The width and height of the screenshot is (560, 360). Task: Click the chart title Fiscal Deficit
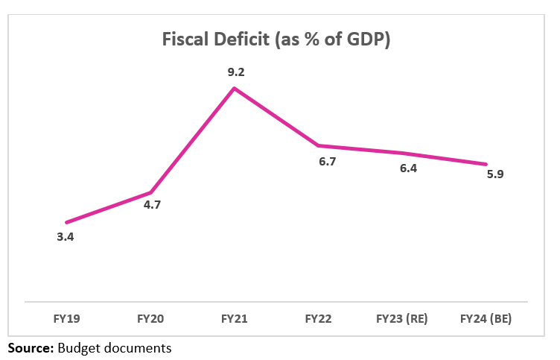(x=277, y=40)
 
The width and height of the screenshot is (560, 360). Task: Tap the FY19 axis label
(x=67, y=319)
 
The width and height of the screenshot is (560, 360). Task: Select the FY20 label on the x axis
(x=150, y=319)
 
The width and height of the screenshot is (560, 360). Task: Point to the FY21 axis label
(x=235, y=319)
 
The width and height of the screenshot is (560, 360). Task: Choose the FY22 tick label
(x=318, y=319)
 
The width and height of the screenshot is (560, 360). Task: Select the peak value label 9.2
(x=236, y=73)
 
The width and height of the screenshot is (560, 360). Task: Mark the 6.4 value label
(x=408, y=168)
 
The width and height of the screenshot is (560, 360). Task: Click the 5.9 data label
(x=494, y=176)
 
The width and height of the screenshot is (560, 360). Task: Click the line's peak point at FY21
(x=235, y=89)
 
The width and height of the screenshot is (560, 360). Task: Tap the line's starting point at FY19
(x=67, y=222)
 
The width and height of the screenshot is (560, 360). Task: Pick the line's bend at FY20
(x=151, y=192)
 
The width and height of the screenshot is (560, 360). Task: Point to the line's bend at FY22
(x=318, y=145)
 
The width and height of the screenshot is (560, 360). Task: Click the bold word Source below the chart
(x=31, y=347)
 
